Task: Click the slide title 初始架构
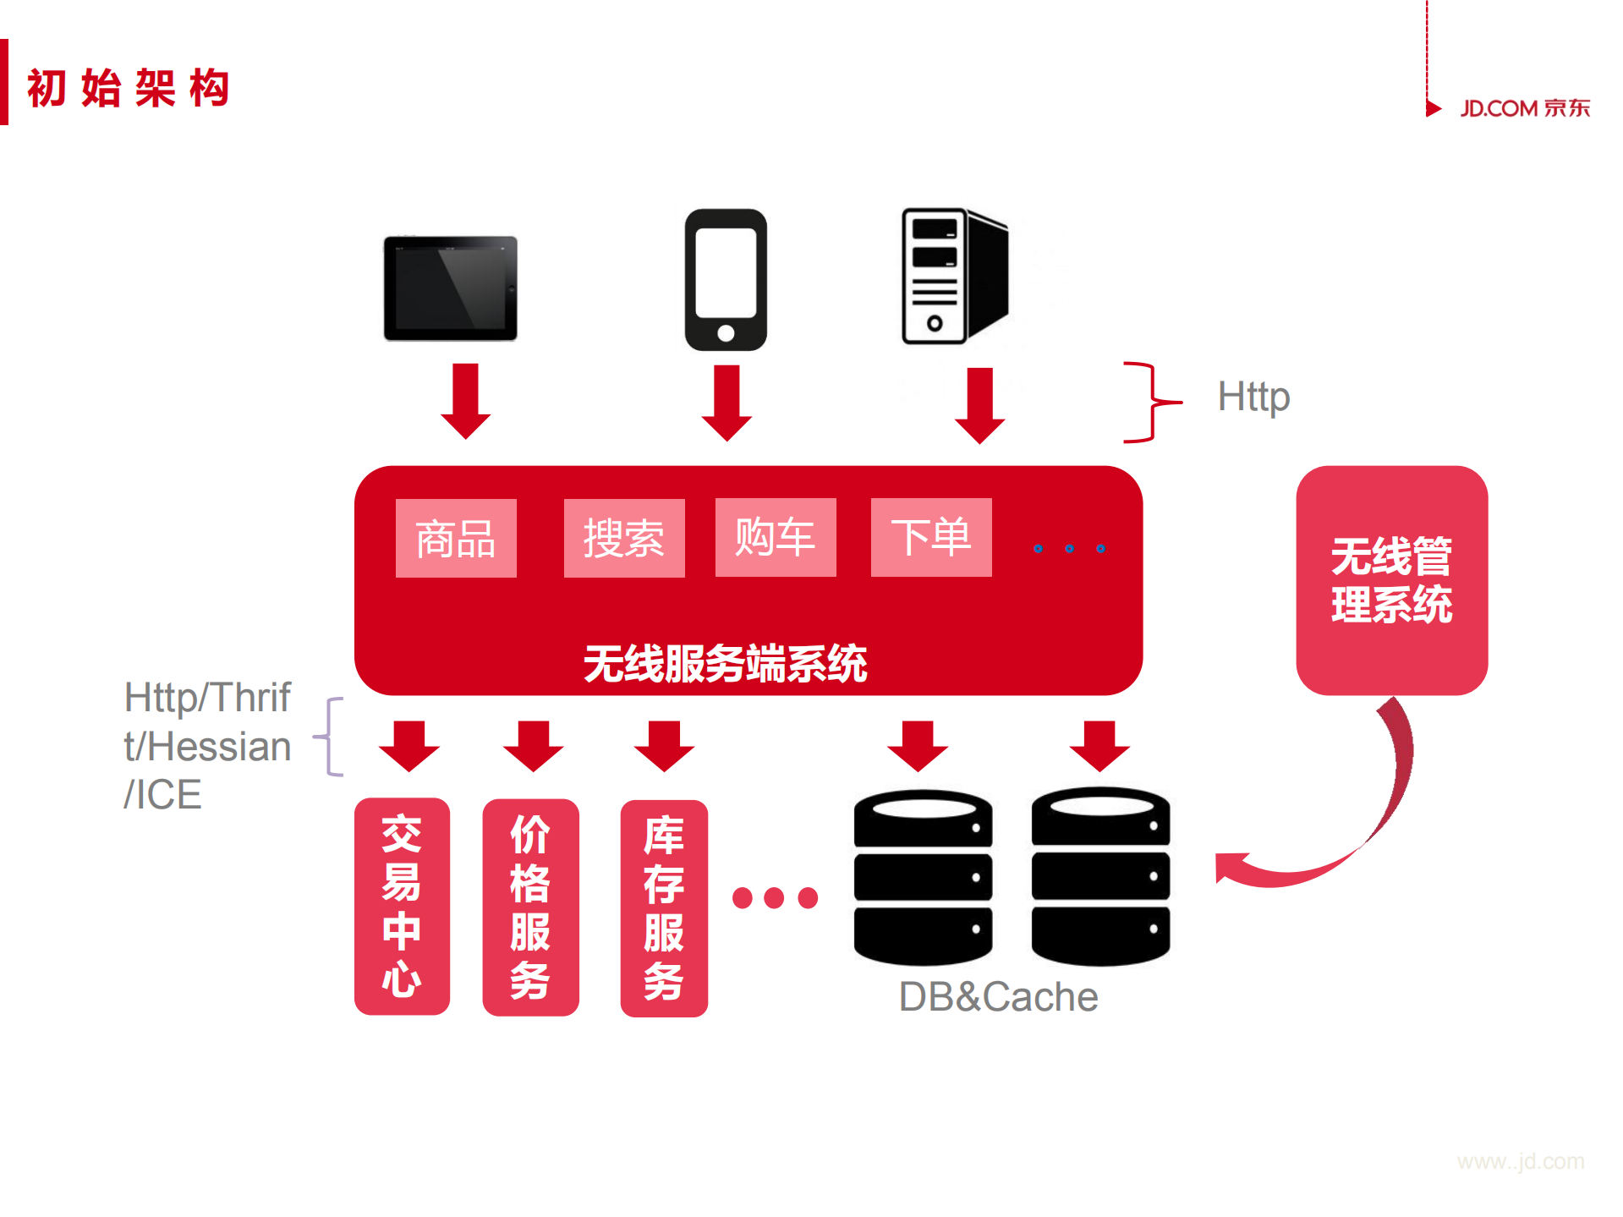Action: (x=129, y=88)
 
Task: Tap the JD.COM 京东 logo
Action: (x=1524, y=108)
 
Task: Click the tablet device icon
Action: (x=450, y=288)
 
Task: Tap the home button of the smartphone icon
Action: (x=726, y=333)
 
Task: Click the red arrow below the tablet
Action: (x=465, y=401)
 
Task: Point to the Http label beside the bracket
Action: (x=1253, y=397)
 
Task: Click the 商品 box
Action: (x=456, y=539)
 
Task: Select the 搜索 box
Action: (x=624, y=539)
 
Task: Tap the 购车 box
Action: (x=776, y=538)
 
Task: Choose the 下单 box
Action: (x=931, y=538)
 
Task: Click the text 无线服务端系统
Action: (x=725, y=663)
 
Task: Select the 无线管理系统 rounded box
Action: (x=1391, y=580)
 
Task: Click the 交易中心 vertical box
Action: (x=402, y=906)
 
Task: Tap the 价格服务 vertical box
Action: (x=530, y=907)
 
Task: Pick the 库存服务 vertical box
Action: (x=664, y=907)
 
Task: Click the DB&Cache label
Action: (x=998, y=997)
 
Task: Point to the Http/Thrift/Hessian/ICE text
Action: (x=207, y=746)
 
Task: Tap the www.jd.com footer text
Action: (x=1520, y=1161)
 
